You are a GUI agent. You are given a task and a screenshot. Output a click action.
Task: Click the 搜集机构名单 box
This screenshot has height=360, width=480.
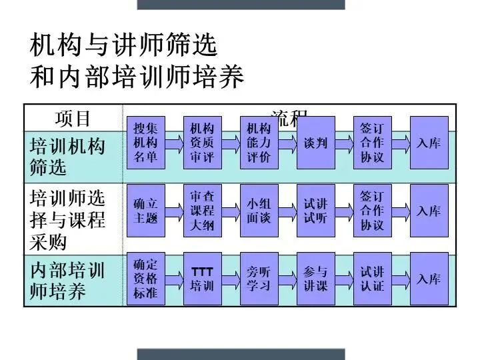tap(146, 143)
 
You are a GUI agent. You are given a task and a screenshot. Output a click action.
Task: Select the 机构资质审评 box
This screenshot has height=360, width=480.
tap(202, 143)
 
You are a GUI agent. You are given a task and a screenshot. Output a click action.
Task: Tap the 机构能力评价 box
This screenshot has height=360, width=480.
tap(259, 143)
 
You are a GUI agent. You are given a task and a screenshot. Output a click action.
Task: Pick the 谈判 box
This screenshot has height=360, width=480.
tap(315, 143)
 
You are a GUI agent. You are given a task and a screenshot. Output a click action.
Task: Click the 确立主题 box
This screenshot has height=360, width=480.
tap(146, 211)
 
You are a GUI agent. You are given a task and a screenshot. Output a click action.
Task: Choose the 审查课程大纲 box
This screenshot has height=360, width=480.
tap(202, 211)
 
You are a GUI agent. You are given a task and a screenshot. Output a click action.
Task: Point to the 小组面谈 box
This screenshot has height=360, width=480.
tap(259, 211)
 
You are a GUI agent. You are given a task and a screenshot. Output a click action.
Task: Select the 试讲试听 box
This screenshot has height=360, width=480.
tap(315, 211)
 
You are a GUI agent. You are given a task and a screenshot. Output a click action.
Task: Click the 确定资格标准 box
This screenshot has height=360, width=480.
tap(146, 279)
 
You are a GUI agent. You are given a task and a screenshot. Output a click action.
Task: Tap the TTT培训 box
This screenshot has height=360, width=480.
tap(202, 279)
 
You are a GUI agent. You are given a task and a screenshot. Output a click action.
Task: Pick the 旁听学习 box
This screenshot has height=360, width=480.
tap(259, 279)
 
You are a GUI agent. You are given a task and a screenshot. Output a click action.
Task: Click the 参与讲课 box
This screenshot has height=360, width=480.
tap(315, 279)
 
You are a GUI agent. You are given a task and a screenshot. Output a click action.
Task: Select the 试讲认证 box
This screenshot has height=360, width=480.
tap(372, 279)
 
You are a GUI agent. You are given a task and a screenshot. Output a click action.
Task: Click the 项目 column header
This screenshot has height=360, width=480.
tap(73, 119)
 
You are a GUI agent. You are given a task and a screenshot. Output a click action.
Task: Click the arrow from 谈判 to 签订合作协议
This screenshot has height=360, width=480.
tap(344, 143)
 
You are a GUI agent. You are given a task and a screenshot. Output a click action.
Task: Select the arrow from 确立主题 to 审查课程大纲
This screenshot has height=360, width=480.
tap(174, 211)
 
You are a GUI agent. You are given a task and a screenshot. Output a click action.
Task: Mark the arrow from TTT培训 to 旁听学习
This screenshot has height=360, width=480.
tap(231, 279)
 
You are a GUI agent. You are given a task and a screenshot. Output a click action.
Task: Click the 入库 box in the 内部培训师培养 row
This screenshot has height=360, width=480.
tap(429, 279)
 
